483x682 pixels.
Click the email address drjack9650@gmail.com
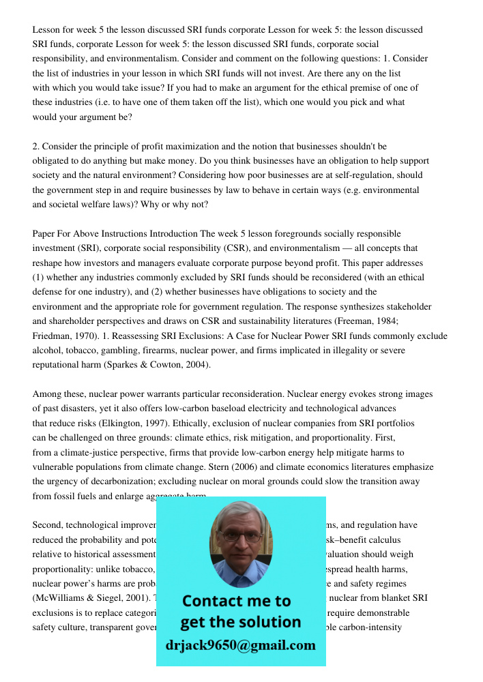point(240,645)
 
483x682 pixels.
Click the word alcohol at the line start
point(47,350)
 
